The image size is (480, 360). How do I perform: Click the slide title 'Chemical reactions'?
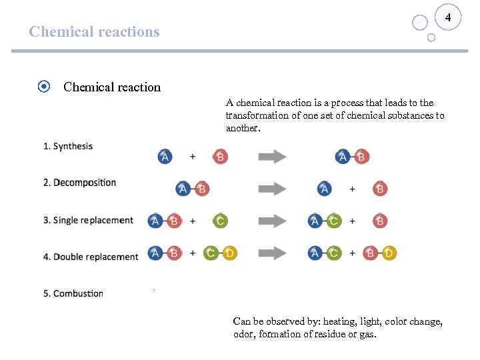pyautogui.click(x=95, y=32)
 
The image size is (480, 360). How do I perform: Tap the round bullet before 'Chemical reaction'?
pyautogui.click(x=43, y=87)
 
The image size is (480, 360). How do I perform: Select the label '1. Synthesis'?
pyautogui.click(x=68, y=146)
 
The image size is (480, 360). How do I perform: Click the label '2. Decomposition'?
pyautogui.click(x=79, y=183)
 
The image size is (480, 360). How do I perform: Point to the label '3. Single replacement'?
pyautogui.click(x=88, y=220)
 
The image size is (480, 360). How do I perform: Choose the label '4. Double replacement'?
pyautogui.click(x=91, y=257)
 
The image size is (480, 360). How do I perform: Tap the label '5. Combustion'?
pyautogui.click(x=73, y=293)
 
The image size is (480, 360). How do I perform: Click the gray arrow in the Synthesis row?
pyautogui.click(x=272, y=157)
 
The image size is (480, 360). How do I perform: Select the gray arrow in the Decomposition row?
pyautogui.click(x=272, y=189)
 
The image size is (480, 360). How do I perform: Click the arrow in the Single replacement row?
pyautogui.click(x=272, y=221)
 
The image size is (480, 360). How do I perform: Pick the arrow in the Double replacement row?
pyautogui.click(x=272, y=253)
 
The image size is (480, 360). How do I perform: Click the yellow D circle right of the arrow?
pyautogui.click(x=389, y=253)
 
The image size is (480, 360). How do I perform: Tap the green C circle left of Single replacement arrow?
pyautogui.click(x=220, y=221)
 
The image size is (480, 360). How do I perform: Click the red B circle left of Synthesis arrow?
pyautogui.click(x=220, y=157)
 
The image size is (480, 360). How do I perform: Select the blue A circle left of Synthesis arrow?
pyautogui.click(x=165, y=157)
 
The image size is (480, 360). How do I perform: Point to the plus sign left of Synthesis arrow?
pyautogui.click(x=193, y=157)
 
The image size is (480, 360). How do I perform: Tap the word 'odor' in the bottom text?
pyautogui.click(x=242, y=335)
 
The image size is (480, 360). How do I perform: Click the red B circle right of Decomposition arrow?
pyautogui.click(x=380, y=189)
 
